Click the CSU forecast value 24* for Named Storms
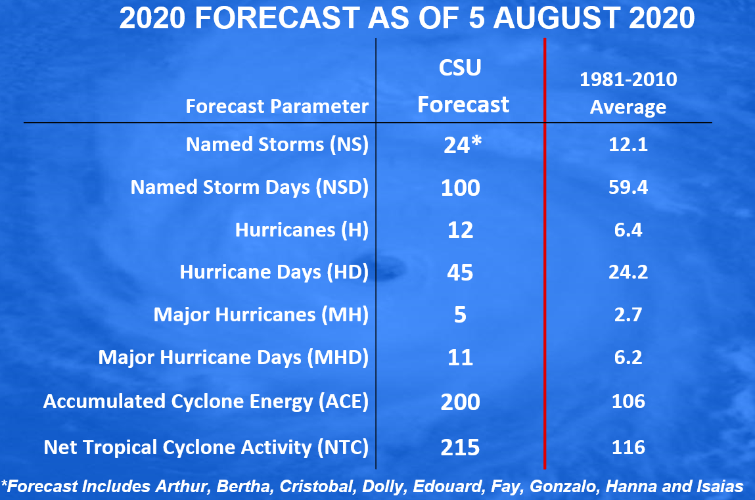[463, 145]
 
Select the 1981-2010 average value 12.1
[628, 145]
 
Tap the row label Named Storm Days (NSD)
[250, 187]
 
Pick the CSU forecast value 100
[461, 188]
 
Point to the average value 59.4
[628, 187]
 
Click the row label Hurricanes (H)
[302, 230]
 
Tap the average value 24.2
[628, 272]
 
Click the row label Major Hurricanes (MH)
[261, 315]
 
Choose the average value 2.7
[628, 315]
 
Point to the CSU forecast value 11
[460, 357]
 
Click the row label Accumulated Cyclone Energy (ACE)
[206, 401]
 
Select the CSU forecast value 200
[461, 401]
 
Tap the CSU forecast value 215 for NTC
[461, 447]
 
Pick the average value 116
[628, 447]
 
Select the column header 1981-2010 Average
[628, 93]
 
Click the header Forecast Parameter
[277, 106]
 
